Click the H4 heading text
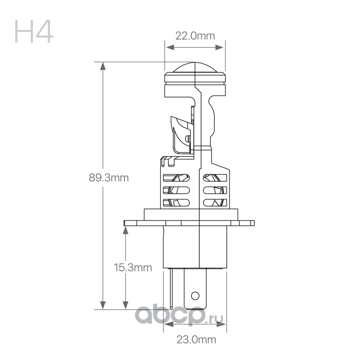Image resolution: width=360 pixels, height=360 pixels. click(x=34, y=31)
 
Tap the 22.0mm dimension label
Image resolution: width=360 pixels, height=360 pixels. click(x=195, y=36)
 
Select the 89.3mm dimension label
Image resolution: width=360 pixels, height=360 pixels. click(x=109, y=178)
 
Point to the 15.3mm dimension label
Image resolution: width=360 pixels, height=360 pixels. click(x=133, y=267)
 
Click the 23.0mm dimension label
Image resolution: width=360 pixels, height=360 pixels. click(x=196, y=340)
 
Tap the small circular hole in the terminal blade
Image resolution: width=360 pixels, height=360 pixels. click(x=195, y=296)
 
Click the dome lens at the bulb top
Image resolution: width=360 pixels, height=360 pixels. click(x=195, y=67)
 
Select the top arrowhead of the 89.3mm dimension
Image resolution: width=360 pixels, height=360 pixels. click(x=103, y=66)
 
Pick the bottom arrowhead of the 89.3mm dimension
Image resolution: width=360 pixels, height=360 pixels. click(x=103, y=305)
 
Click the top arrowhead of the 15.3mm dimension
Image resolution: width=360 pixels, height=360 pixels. click(x=126, y=230)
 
